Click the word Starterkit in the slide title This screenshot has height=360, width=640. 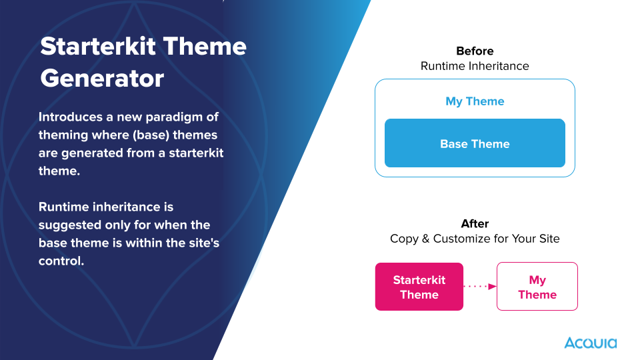[98, 46]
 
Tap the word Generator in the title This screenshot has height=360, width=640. [102, 79]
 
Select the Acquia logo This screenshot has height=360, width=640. [590, 343]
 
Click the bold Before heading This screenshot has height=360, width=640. [475, 51]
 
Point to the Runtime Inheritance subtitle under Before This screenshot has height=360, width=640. [475, 66]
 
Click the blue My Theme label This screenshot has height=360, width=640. [475, 101]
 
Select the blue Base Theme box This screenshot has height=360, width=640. [475, 143]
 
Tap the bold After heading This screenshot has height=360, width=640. [475, 224]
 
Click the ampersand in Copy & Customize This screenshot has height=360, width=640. [425, 239]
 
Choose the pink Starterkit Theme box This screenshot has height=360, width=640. [419, 287]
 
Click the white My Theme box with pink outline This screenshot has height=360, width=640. [537, 287]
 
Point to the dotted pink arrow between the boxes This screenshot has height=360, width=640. [480, 287]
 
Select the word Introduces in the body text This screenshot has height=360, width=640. [71, 117]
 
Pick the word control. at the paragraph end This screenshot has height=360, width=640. [61, 261]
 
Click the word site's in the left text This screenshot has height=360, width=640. [204, 243]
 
